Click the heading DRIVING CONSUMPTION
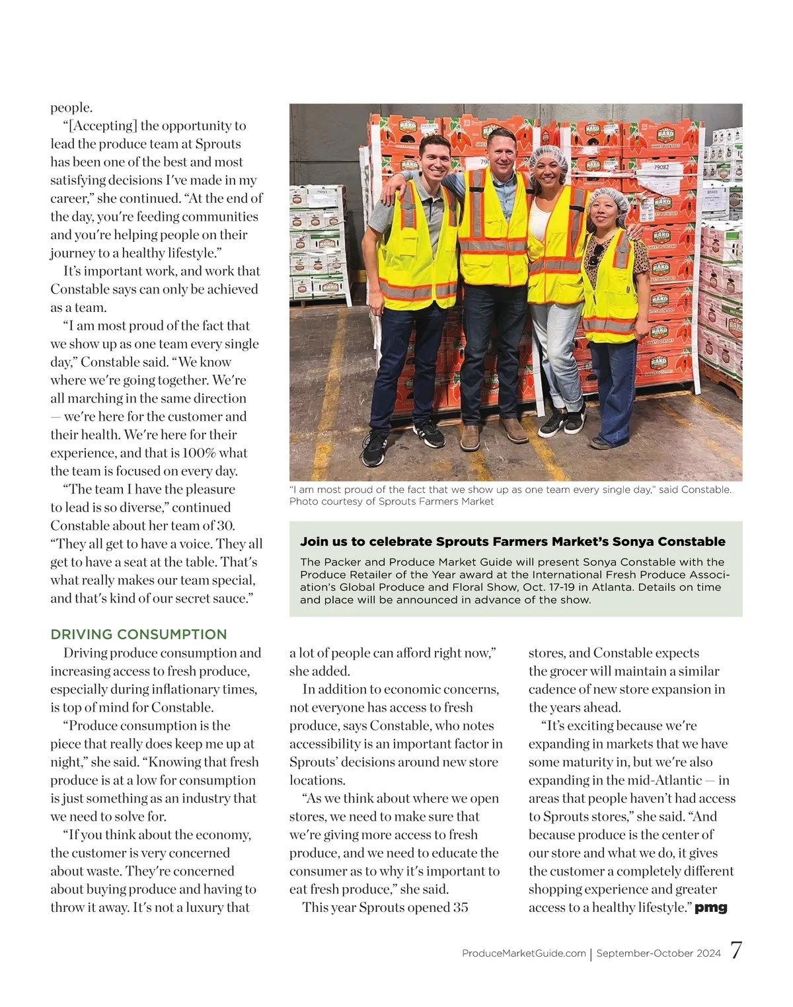[x=139, y=634]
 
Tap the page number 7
[x=736, y=951]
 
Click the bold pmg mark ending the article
[x=711, y=908]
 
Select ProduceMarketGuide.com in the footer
[x=524, y=953]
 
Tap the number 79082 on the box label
[x=661, y=168]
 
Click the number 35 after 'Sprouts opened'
[x=461, y=908]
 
